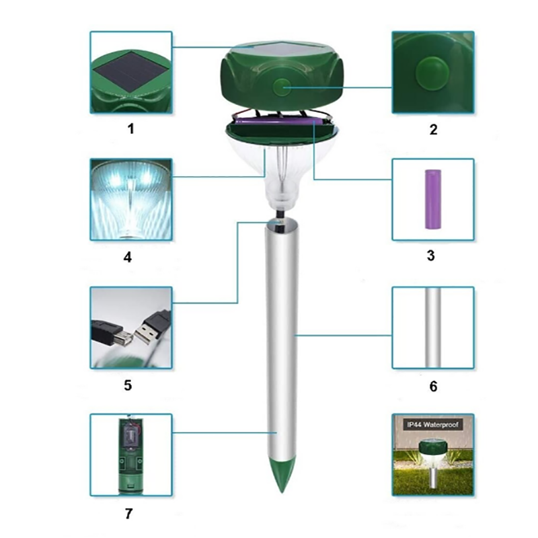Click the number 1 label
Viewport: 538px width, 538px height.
pos(130,129)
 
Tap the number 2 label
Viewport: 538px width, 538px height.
pos(433,130)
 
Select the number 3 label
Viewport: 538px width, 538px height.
pos(431,256)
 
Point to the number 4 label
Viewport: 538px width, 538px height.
pos(128,257)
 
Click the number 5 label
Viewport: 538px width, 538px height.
pos(128,385)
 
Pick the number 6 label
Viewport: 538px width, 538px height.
pos(433,387)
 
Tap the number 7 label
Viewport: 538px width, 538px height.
pos(128,514)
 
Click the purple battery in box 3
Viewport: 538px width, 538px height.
pos(433,199)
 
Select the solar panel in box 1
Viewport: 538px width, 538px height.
pos(131,72)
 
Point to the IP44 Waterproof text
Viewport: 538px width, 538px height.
pos(432,425)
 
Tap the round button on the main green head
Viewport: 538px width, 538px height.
pos(281,87)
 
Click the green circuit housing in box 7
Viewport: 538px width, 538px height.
pos(130,456)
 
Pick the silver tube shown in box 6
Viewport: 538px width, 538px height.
pos(433,328)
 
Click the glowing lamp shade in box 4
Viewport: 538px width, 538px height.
pos(130,200)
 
